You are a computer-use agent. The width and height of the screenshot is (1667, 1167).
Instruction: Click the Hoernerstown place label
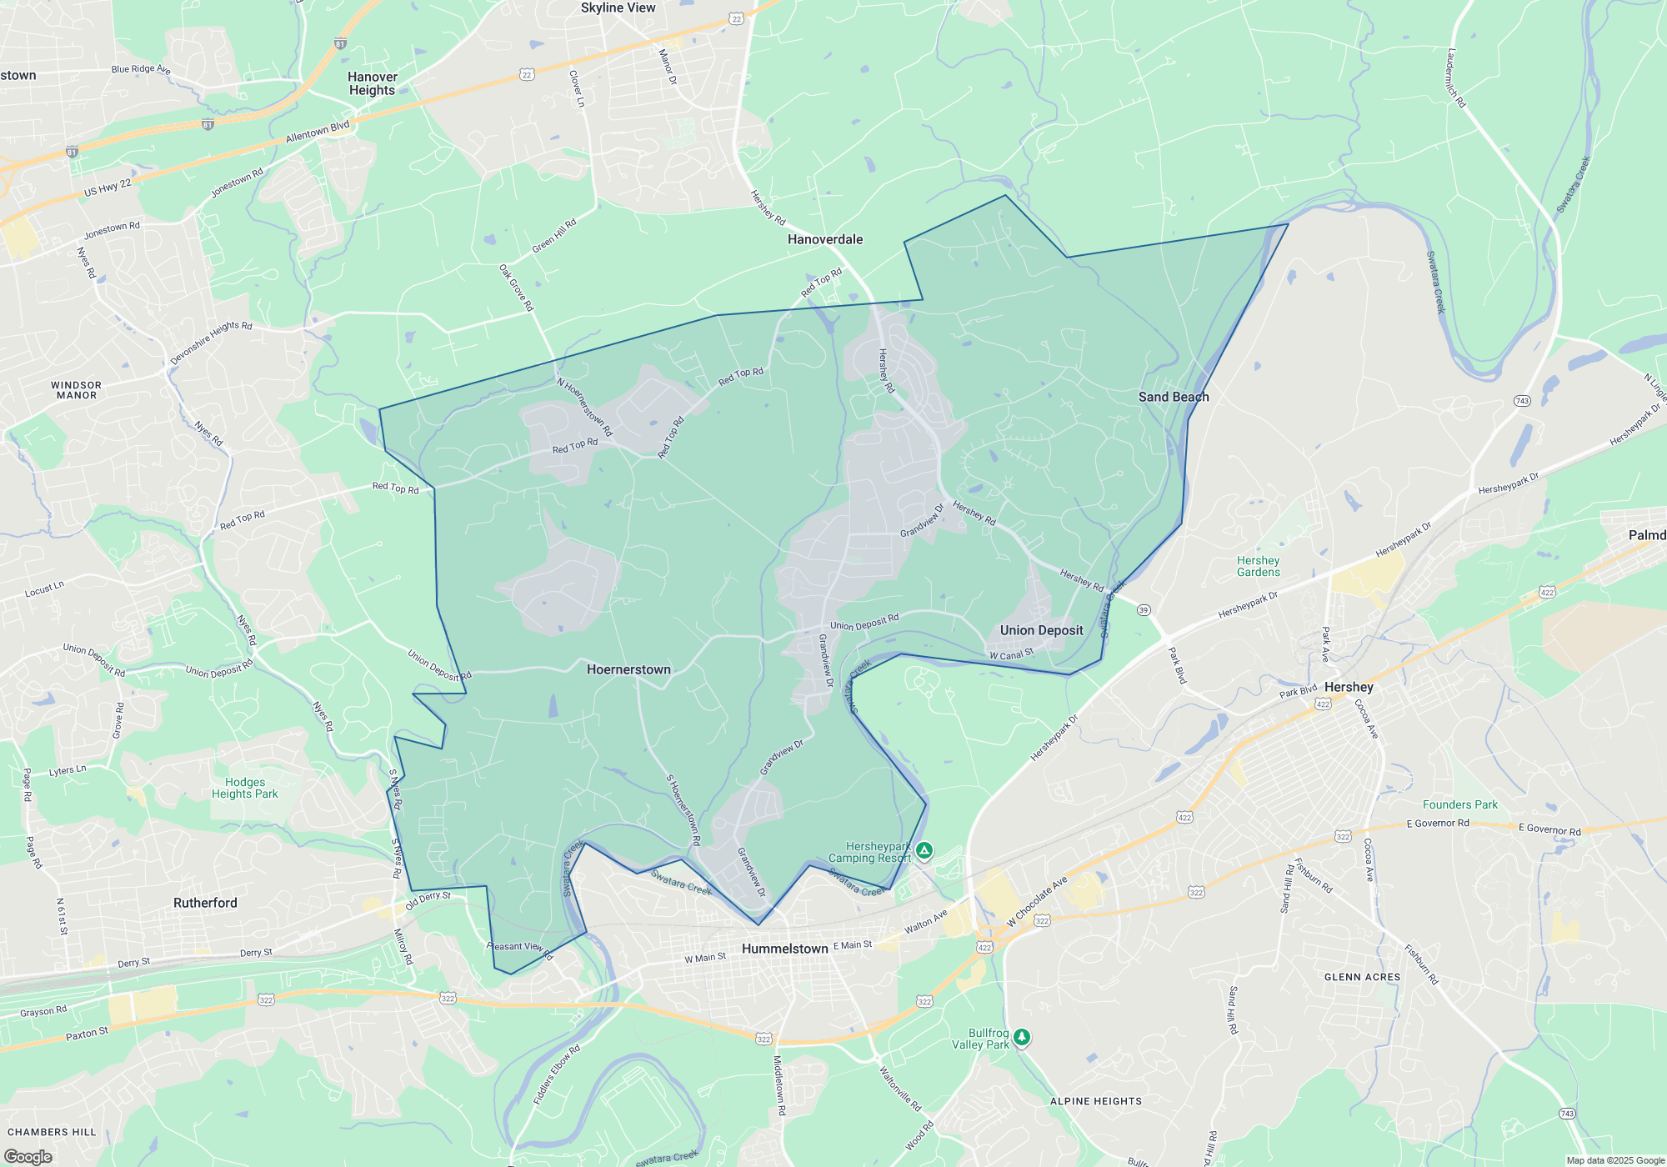[628, 669]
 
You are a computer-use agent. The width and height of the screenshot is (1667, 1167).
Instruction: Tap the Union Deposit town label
[1041, 630]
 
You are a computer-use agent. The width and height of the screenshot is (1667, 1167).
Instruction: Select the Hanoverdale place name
[825, 239]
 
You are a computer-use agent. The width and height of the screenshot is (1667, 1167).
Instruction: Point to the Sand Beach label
[1174, 397]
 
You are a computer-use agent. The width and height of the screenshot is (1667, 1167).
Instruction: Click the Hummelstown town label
[784, 949]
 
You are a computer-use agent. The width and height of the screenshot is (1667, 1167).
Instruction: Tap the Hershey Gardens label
[1258, 566]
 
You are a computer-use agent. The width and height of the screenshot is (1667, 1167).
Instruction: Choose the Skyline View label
[618, 8]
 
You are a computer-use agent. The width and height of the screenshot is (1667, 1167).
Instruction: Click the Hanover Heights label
[373, 83]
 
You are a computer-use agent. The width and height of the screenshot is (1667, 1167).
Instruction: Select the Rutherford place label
[205, 903]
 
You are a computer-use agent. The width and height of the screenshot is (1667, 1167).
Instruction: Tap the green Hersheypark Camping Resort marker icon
[924, 850]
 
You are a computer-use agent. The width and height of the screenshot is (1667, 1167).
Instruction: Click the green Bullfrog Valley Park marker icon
[1022, 1037]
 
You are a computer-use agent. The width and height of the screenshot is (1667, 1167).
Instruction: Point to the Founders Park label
[1459, 804]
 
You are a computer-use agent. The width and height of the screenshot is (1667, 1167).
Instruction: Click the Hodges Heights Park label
[244, 788]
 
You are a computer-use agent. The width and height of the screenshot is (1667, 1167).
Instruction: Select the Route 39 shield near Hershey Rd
[1144, 610]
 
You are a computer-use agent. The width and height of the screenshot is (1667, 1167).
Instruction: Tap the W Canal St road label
[1011, 655]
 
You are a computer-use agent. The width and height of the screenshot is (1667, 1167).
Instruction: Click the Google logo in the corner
[28, 1156]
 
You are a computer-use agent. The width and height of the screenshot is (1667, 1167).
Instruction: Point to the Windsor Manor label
[76, 390]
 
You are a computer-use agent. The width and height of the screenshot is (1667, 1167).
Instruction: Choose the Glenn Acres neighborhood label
[1362, 977]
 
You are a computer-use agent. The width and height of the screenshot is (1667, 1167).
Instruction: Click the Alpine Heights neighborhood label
[1095, 1101]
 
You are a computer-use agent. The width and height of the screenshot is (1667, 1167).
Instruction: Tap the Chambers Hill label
[52, 1132]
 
